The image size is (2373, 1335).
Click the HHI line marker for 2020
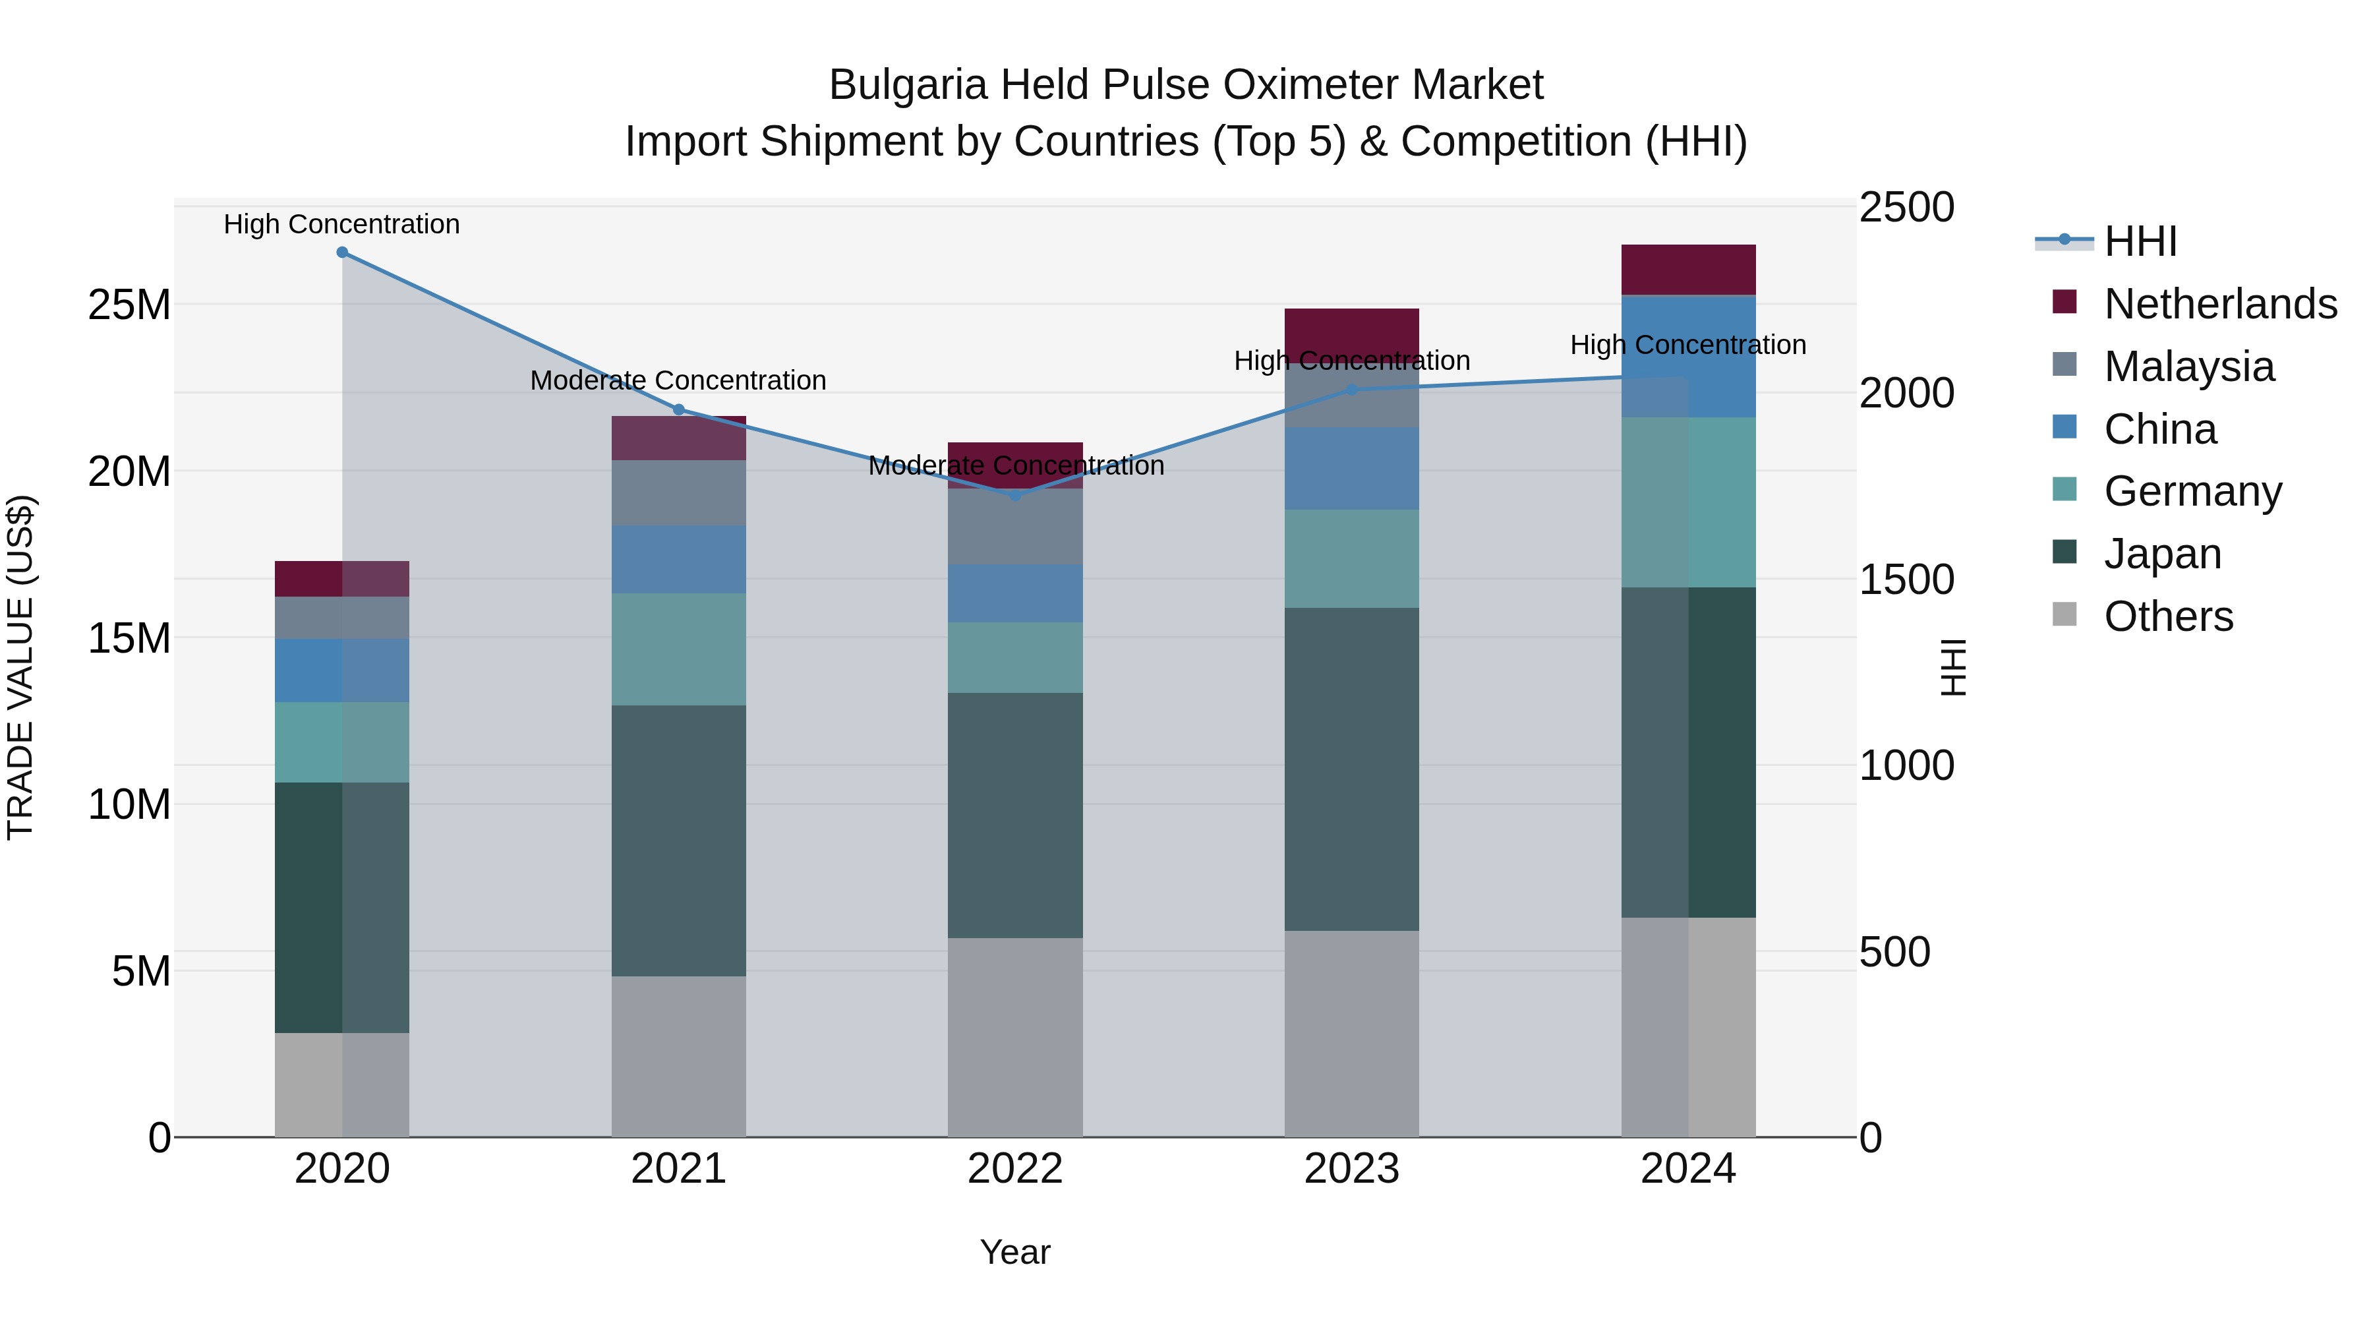click(341, 252)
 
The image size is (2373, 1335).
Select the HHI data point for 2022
click(1015, 494)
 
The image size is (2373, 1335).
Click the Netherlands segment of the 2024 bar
click(1689, 270)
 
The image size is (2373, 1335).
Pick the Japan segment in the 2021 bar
click(679, 841)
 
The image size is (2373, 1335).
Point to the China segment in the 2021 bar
click(679, 559)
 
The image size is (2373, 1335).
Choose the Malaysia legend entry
click(2188, 367)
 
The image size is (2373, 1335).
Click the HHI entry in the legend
click(2140, 241)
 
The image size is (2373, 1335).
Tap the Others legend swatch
click(2065, 614)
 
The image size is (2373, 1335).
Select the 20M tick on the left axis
click(129, 472)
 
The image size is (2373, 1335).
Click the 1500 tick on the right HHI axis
click(1906, 579)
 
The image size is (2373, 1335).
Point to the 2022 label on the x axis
click(1015, 1169)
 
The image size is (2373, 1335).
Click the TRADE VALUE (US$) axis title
click(20, 667)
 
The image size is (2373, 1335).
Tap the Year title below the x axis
click(1015, 1252)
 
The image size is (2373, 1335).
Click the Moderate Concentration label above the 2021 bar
click(678, 380)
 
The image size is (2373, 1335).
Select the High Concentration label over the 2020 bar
click(341, 225)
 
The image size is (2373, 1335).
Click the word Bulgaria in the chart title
click(908, 85)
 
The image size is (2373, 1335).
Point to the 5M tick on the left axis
click(141, 971)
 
